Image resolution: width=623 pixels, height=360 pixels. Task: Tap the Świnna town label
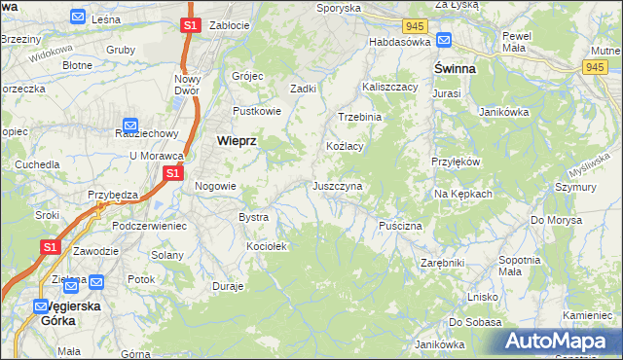[454, 69]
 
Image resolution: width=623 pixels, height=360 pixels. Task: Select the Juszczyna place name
[338, 185]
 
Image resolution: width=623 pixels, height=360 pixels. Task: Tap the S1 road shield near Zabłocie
[191, 24]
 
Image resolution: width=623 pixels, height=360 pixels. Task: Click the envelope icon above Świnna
[444, 41]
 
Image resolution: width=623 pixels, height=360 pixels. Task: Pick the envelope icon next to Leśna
[79, 17]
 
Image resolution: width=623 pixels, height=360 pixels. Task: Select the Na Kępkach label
[463, 194]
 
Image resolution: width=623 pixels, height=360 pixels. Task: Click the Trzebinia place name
[359, 117]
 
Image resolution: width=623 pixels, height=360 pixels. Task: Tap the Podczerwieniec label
[149, 225]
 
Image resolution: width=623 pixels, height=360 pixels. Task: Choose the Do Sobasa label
[468, 321]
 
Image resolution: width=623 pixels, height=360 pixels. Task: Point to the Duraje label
[228, 287]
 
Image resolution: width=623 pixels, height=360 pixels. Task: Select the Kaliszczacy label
[389, 87]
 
